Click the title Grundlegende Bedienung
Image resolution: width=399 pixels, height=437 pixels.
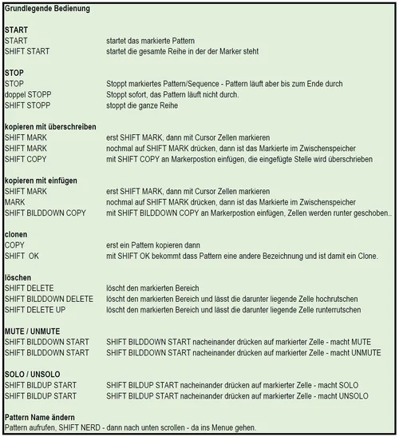[x=46, y=9]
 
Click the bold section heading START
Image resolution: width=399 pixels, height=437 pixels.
[x=16, y=30]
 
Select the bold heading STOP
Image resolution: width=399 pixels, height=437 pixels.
[x=14, y=72]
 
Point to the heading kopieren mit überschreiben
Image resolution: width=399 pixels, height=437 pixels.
[x=50, y=126]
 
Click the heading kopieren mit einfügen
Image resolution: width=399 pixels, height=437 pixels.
[x=41, y=181]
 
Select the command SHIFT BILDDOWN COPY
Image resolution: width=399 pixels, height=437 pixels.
[x=45, y=213]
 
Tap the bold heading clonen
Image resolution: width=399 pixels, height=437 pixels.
[x=17, y=235]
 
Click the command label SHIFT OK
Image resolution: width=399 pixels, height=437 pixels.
[x=22, y=256]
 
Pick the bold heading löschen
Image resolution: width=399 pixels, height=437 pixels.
[x=18, y=277]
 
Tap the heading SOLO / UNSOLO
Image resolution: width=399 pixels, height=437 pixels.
[x=33, y=374]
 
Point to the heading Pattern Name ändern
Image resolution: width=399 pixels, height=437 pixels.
[x=40, y=417]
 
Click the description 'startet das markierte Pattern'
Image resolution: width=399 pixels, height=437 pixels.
[x=150, y=40]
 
